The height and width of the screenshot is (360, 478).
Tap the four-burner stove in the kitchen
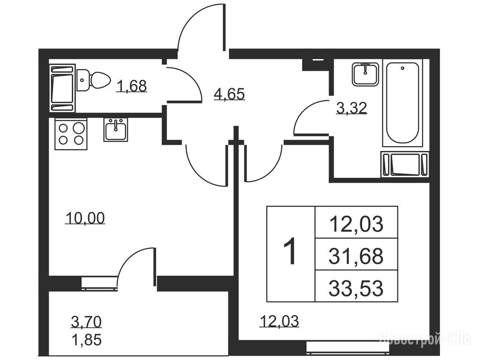click(71, 134)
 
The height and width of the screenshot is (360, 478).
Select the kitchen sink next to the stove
click(116, 130)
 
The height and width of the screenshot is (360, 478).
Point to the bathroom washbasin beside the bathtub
click(365, 74)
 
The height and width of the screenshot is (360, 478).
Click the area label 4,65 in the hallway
click(229, 94)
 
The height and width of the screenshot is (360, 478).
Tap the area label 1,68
click(132, 86)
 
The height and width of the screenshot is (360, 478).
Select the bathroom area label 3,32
click(351, 108)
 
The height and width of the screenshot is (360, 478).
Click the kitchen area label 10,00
click(85, 218)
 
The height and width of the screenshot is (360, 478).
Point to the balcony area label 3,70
click(86, 322)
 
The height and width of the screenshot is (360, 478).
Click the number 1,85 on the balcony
click(86, 339)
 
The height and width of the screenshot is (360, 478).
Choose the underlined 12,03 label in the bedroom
click(279, 321)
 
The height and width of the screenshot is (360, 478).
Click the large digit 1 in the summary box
click(290, 252)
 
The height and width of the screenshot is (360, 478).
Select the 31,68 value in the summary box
click(356, 256)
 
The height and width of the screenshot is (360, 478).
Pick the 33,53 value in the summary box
click(356, 288)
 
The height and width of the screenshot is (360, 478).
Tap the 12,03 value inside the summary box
click(356, 224)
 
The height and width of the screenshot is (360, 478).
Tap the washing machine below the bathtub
click(405, 165)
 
